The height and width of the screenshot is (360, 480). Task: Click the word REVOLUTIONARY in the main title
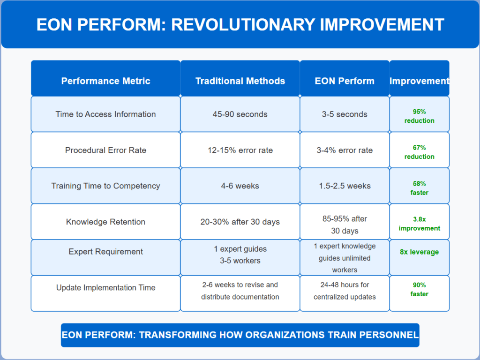pyautogui.click(x=243, y=24)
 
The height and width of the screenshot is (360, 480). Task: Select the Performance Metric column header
pyautogui.click(x=105, y=81)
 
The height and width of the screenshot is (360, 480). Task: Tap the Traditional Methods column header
pyautogui.click(x=240, y=81)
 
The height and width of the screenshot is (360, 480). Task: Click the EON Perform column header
pyautogui.click(x=345, y=81)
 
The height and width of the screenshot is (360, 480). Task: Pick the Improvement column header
pyautogui.click(x=420, y=81)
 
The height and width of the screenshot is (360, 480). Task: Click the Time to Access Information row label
pyautogui.click(x=105, y=114)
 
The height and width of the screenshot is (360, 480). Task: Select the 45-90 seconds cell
pyautogui.click(x=240, y=114)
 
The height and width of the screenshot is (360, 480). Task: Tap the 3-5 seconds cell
pyautogui.click(x=345, y=114)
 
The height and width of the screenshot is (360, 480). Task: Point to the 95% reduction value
pyautogui.click(x=420, y=116)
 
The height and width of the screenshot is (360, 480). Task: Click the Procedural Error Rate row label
pyautogui.click(x=105, y=150)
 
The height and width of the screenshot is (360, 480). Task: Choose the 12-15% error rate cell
pyautogui.click(x=240, y=150)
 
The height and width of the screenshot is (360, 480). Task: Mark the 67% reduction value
pyautogui.click(x=420, y=152)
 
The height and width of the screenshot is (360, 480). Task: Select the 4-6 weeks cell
pyautogui.click(x=240, y=186)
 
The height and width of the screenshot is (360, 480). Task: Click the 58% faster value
pyautogui.click(x=420, y=188)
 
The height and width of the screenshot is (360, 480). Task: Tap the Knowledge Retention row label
pyautogui.click(x=105, y=222)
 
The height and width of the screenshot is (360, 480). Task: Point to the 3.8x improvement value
pyautogui.click(x=420, y=224)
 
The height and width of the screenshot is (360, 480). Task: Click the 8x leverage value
pyautogui.click(x=420, y=252)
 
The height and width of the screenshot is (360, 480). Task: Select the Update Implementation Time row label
pyautogui.click(x=105, y=288)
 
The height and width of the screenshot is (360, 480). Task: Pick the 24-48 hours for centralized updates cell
pyautogui.click(x=345, y=291)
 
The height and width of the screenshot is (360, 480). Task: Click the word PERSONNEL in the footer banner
pyautogui.click(x=389, y=335)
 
